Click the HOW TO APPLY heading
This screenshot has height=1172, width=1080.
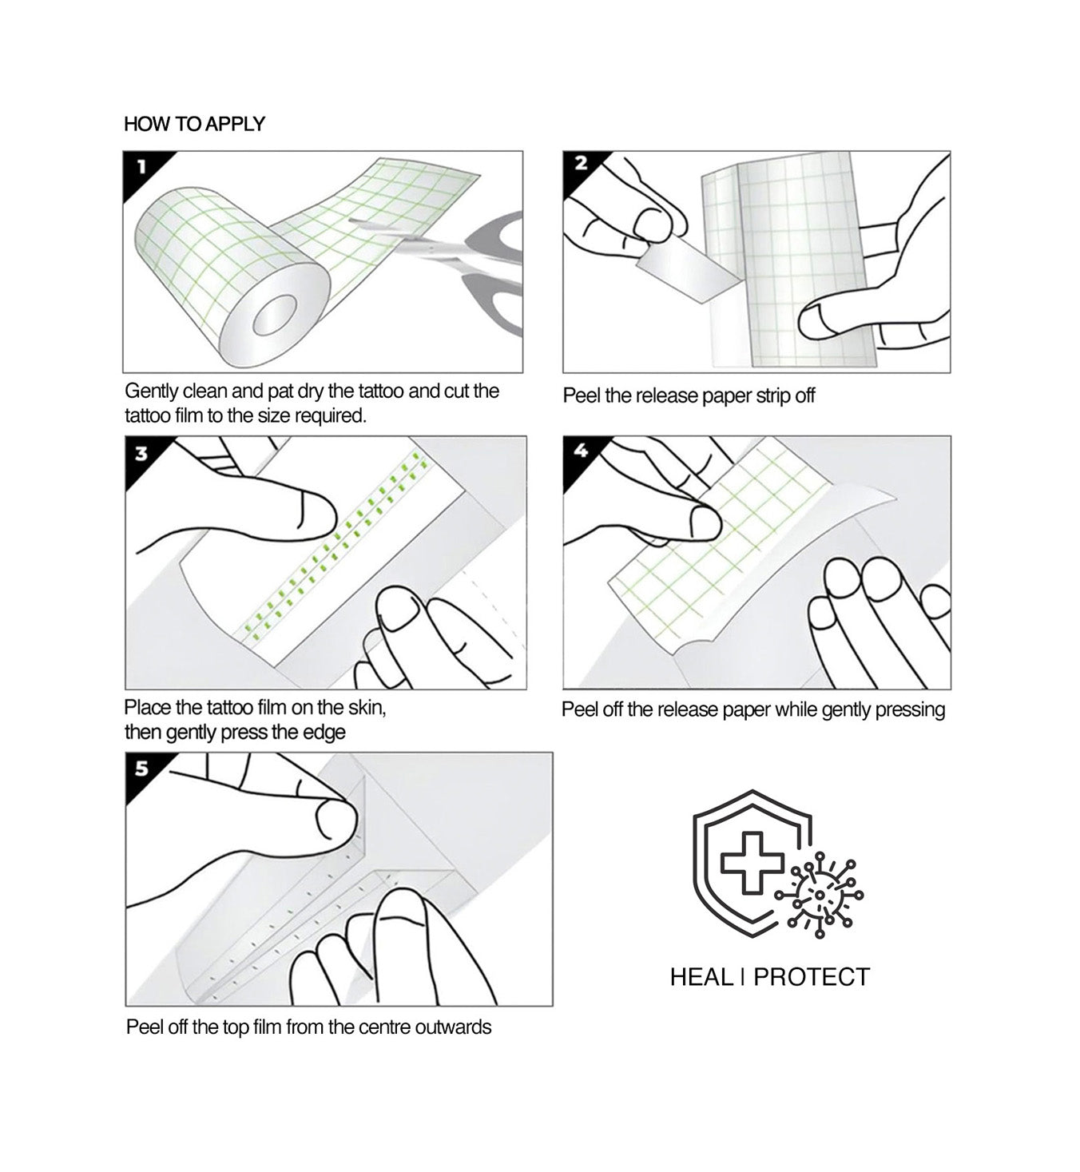(195, 124)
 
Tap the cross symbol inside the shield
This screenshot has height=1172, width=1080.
(752, 863)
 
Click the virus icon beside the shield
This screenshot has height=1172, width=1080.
(820, 896)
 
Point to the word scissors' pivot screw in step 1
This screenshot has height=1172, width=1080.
(432, 249)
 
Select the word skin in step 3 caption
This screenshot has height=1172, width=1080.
(366, 708)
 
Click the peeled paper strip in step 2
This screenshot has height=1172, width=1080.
(689, 274)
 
